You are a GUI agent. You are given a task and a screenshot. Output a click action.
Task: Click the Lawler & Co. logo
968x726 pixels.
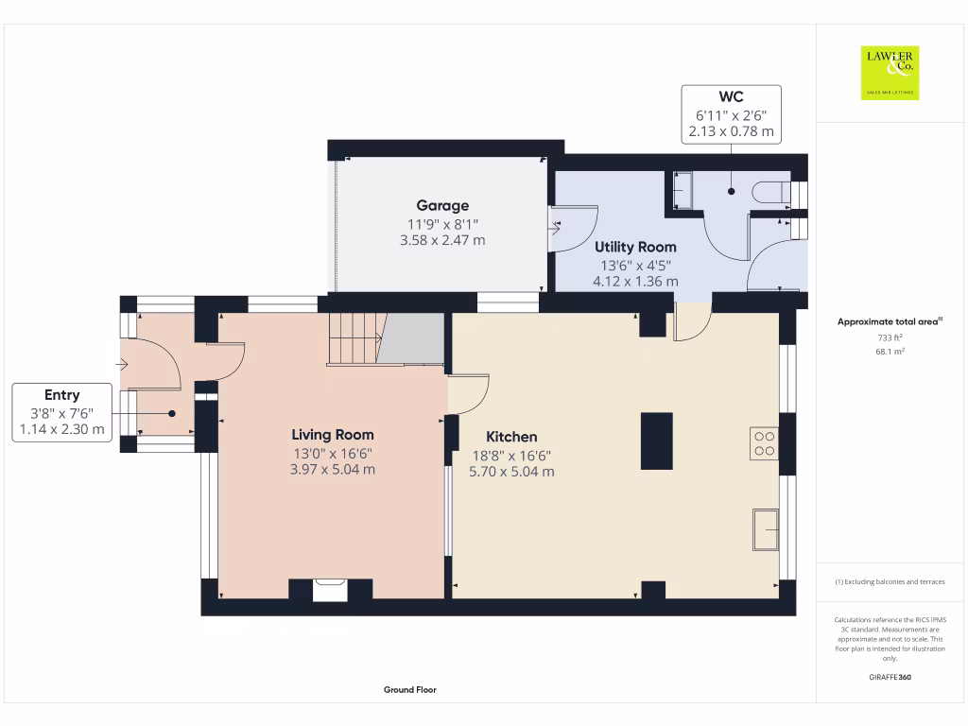point(890,73)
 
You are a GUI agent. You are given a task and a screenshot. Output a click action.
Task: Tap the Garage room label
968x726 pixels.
point(442,205)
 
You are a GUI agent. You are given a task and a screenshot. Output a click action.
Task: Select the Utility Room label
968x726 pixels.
point(635,247)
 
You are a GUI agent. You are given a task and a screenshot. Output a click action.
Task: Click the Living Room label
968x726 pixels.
point(332,435)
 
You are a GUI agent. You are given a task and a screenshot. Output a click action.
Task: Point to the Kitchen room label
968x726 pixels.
point(511,437)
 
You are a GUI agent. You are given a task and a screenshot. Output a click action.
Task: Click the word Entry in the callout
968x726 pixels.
point(61,395)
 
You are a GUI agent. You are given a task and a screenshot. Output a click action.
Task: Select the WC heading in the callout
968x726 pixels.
point(731,96)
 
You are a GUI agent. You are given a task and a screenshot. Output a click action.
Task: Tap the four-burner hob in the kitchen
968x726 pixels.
point(765,443)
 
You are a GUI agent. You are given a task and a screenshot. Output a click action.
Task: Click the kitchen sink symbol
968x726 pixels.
point(765,528)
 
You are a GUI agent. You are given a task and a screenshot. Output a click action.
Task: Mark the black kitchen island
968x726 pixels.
point(656,441)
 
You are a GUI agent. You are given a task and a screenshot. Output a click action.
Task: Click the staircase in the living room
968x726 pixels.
point(355,338)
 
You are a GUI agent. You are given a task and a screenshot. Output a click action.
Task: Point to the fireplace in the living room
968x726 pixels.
point(330,590)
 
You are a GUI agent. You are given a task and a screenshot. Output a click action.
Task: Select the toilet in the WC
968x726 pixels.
point(771,192)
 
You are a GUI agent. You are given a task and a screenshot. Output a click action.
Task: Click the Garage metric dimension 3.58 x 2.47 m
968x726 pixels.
point(442,240)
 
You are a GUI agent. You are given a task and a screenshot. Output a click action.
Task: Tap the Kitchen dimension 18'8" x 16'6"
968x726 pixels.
point(511,455)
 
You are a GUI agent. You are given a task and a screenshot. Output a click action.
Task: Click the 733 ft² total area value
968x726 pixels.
point(890,337)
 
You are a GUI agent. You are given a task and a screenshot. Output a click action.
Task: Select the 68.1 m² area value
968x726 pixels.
point(890,351)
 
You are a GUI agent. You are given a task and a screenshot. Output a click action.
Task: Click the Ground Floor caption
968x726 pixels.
point(409,690)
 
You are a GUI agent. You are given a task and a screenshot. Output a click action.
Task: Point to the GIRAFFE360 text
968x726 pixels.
point(890,677)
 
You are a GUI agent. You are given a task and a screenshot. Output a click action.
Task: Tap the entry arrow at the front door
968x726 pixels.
point(123,363)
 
